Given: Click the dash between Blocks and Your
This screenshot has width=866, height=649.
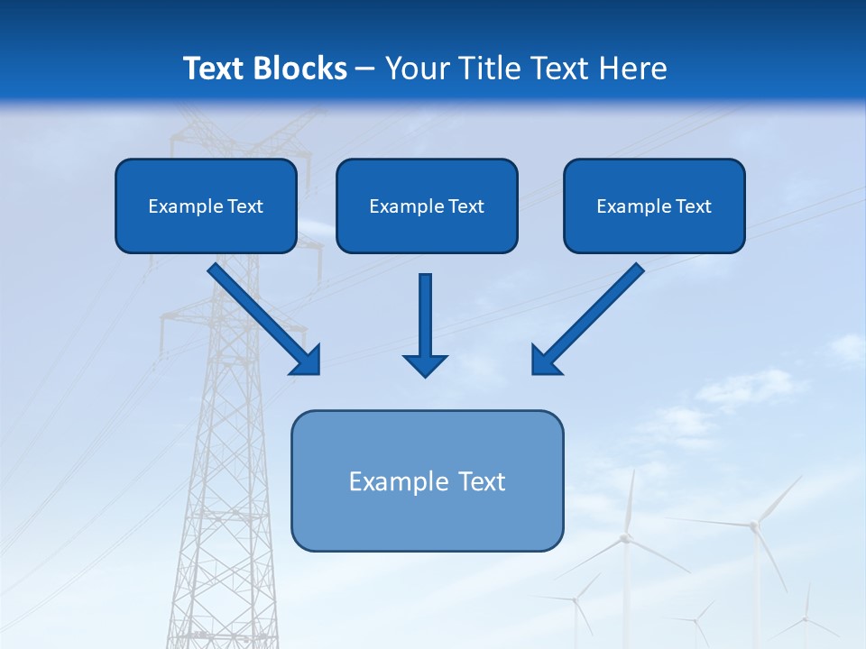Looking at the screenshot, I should click(x=365, y=69).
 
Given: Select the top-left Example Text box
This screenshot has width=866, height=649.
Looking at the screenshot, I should click(x=206, y=206).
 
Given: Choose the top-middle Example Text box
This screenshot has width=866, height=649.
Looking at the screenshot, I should click(x=427, y=206).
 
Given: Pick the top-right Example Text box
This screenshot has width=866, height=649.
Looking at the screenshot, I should click(x=654, y=206).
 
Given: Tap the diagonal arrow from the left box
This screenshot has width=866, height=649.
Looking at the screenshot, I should click(x=262, y=315).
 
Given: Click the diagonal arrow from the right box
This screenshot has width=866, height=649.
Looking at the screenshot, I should click(x=591, y=315).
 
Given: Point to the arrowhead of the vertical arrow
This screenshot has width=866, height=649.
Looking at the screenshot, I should click(x=425, y=364).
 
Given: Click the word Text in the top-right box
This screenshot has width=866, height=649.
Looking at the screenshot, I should click(x=693, y=206).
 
